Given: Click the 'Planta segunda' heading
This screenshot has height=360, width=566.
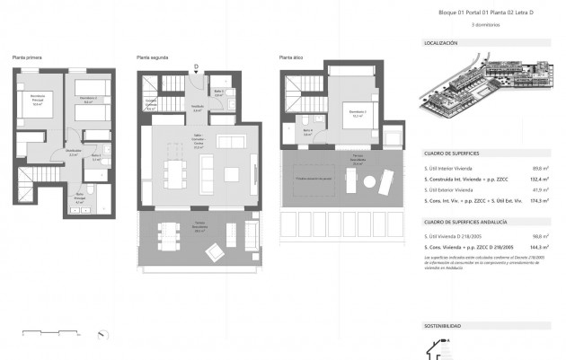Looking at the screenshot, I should pyautogui.click(x=151, y=57).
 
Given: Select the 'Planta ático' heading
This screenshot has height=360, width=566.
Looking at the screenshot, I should pyautogui.click(x=290, y=57).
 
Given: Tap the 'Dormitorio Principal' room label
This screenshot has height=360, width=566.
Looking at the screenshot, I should pyautogui.click(x=38, y=100).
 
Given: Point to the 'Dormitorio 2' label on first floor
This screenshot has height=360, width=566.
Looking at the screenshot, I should pyautogui.click(x=87, y=100).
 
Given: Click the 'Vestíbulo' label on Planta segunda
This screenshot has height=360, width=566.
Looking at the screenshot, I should pyautogui.click(x=197, y=109).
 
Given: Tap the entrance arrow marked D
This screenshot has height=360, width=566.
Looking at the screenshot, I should pyautogui.click(x=195, y=67).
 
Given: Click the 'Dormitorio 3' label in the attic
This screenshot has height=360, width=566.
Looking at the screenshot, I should pyautogui.click(x=357, y=113).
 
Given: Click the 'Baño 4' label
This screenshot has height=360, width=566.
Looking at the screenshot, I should pyautogui.click(x=306, y=133).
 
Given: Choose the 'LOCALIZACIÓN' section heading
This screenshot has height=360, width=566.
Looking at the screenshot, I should pyautogui.click(x=440, y=43).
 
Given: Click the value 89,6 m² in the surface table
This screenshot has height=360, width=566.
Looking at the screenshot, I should pyautogui.click(x=539, y=167).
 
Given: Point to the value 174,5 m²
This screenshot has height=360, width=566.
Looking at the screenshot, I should pyautogui.click(x=538, y=201).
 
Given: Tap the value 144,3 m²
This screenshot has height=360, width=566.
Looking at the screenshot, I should pyautogui.click(x=538, y=245).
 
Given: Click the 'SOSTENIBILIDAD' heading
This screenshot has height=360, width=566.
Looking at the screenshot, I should pyautogui.click(x=442, y=325).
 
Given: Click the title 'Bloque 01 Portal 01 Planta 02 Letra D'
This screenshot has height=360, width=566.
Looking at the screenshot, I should pyautogui.click(x=474, y=13).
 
